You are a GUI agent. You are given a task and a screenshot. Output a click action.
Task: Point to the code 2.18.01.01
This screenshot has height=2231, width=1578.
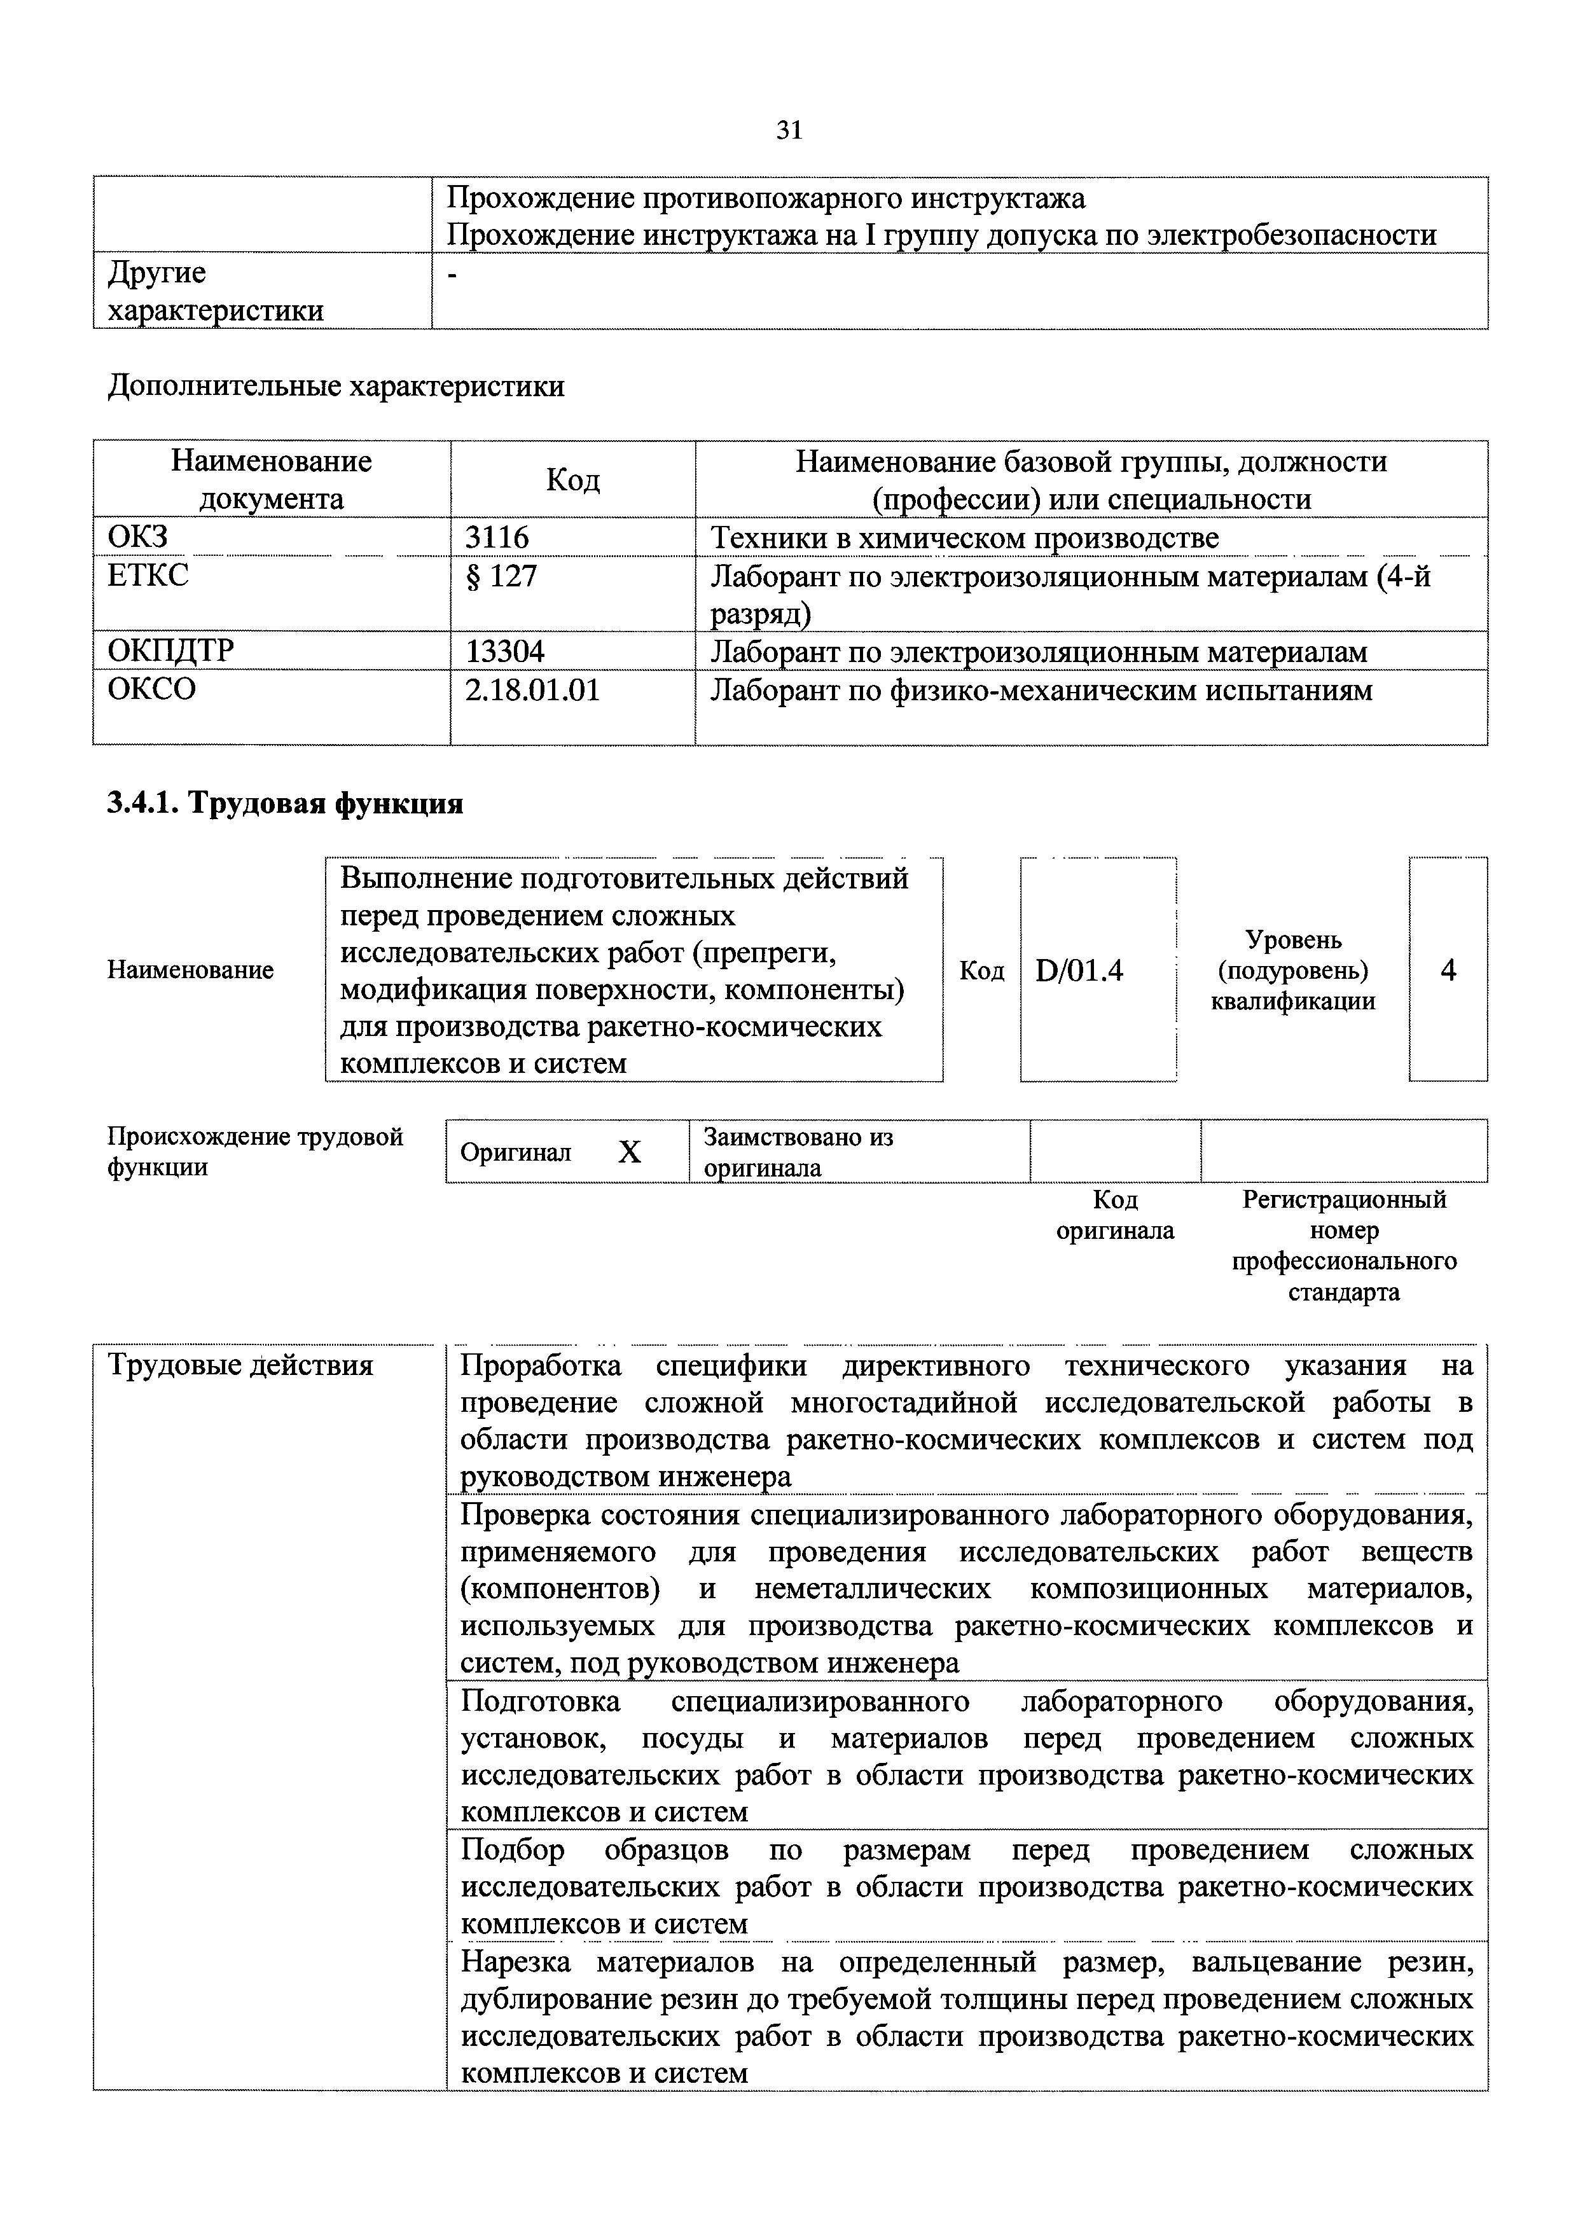pyautogui.click(x=532, y=691)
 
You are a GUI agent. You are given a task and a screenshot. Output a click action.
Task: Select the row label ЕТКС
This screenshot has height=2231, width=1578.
pyautogui.click(x=148, y=576)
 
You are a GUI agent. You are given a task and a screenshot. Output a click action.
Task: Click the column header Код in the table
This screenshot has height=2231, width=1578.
pyautogui.click(x=572, y=479)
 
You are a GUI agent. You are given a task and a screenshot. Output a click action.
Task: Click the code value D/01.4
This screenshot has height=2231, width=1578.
pyautogui.click(x=1079, y=970)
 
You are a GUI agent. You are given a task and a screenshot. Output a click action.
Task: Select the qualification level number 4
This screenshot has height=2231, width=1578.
pyautogui.click(x=1448, y=970)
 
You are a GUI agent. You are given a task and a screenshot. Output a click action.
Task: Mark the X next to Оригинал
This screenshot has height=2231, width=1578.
pyautogui.click(x=630, y=1152)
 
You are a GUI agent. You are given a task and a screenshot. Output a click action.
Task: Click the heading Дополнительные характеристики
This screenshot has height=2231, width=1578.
pyautogui.click(x=335, y=387)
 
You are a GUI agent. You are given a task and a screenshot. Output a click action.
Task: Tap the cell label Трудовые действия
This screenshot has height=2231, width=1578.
pyautogui.click(x=240, y=1365)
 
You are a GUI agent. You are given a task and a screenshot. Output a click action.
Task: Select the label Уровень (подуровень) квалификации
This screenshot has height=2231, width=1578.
pyautogui.click(x=1292, y=970)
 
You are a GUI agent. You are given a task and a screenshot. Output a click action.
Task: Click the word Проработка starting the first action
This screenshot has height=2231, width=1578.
pyautogui.click(x=540, y=1365)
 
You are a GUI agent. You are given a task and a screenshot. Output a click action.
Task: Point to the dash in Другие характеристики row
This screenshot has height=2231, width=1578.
pyautogui.click(x=451, y=276)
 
